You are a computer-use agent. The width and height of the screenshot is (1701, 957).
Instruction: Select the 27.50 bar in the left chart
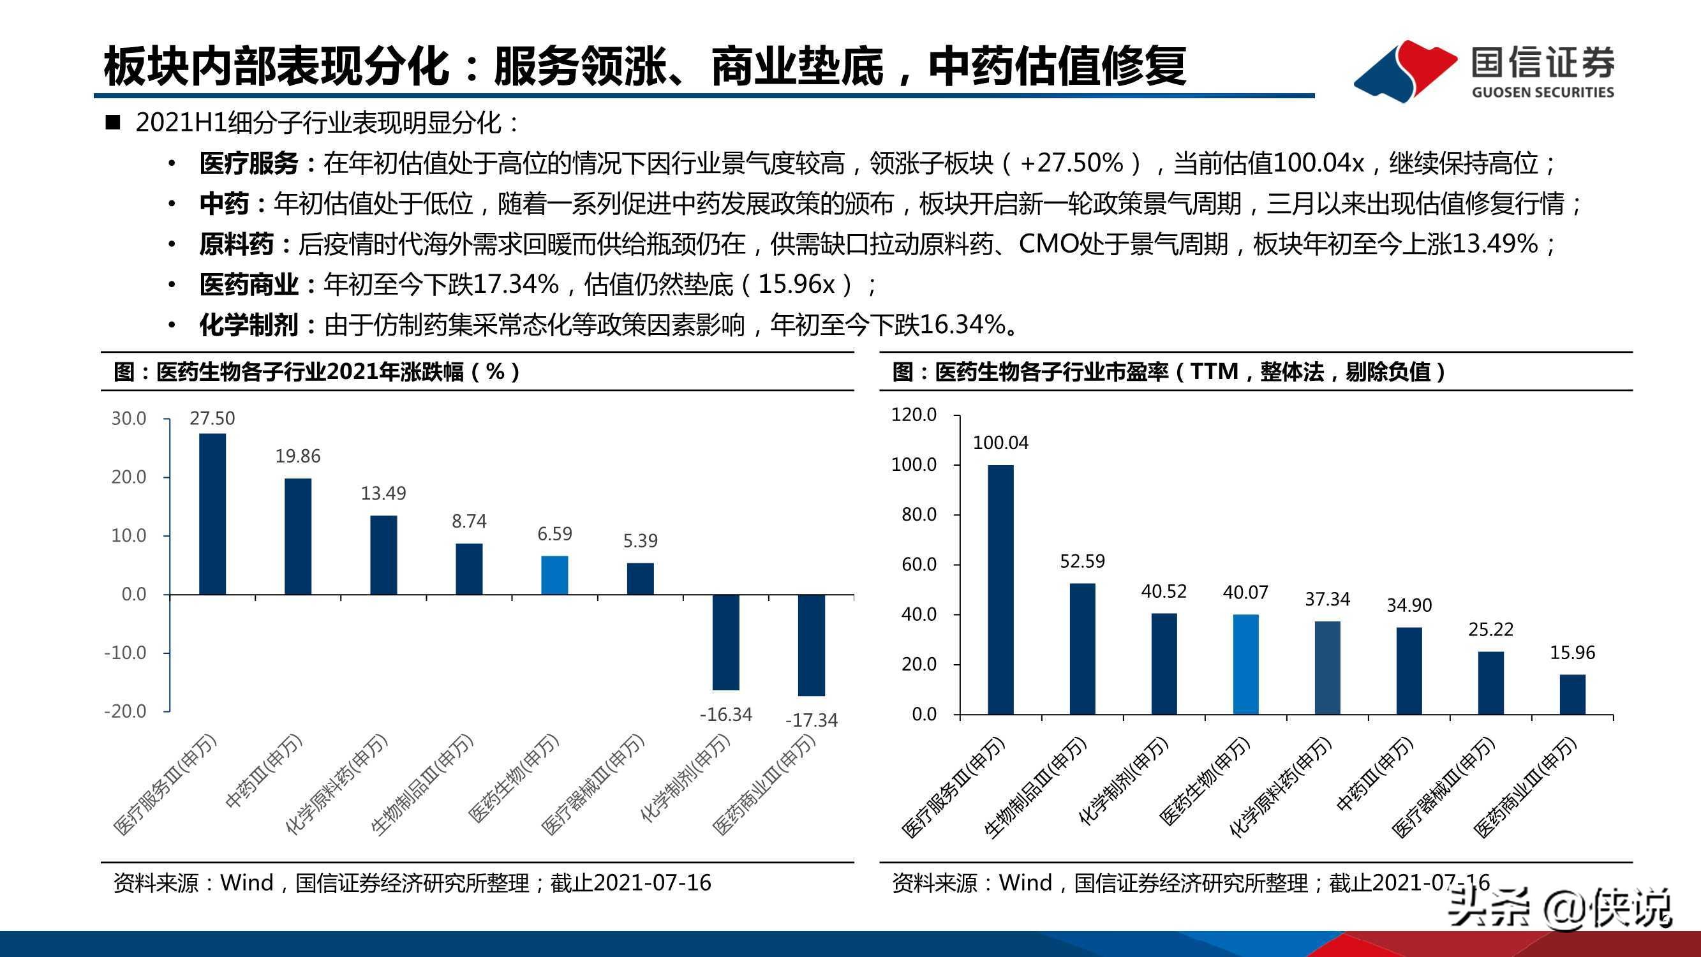(212, 514)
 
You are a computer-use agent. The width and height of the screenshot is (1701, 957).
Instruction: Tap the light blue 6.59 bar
(554, 575)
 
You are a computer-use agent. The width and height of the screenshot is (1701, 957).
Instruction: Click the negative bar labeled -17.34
(811, 644)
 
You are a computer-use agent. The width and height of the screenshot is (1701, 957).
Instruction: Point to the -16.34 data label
(725, 714)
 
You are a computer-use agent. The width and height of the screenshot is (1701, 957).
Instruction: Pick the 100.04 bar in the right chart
(1000, 589)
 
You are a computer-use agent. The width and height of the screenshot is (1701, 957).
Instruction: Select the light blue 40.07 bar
(1245, 664)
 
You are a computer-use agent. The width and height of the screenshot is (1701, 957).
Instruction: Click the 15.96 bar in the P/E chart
(1572, 694)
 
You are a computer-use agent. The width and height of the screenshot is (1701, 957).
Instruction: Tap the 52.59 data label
(1082, 561)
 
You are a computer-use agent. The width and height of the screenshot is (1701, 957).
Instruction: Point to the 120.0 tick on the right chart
(914, 415)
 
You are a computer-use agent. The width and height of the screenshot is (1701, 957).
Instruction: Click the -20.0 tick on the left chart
(126, 711)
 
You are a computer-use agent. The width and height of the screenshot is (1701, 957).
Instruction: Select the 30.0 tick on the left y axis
(129, 418)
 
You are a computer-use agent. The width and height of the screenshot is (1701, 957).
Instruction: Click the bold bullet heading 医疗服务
(249, 163)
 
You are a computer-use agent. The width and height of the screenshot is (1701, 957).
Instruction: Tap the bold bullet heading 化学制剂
(249, 325)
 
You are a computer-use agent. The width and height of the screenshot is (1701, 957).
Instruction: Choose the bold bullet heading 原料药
(237, 244)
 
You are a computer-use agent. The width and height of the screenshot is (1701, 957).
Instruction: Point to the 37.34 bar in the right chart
(1327, 667)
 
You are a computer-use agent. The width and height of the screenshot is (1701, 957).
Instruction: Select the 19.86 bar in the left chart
(298, 537)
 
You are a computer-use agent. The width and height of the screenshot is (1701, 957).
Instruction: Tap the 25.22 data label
(1490, 630)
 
